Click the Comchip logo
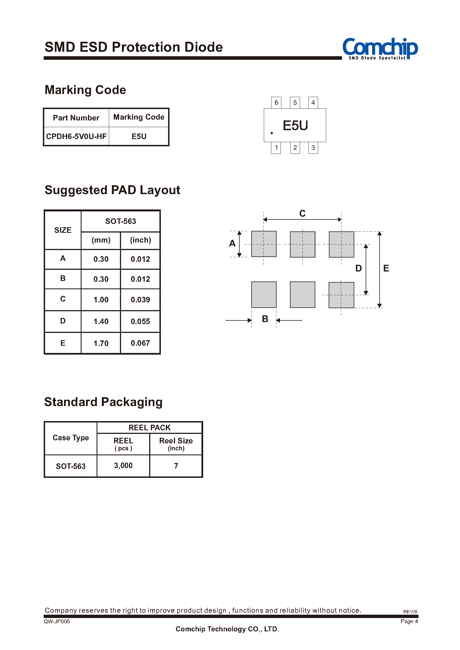tap(380, 49)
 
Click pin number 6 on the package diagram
tap(276, 102)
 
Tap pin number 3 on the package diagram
tap(313, 148)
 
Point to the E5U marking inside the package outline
tap(296, 125)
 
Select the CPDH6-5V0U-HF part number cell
tap(76, 137)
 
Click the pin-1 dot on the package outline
tap(272, 133)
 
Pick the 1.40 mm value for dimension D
tap(101, 321)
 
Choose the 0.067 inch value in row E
tap(140, 343)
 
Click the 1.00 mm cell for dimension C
tap(101, 300)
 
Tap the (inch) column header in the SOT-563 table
tap(141, 240)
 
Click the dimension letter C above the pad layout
tap(302, 213)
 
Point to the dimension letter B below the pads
tap(265, 319)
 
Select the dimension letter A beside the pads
tap(232, 243)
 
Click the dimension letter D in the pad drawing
tap(359, 268)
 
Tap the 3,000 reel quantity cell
tap(123, 465)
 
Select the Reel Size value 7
tap(176, 466)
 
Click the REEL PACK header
tap(149, 427)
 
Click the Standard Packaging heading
tap(104, 402)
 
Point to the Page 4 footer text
tap(409, 621)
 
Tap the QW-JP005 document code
tap(57, 621)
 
